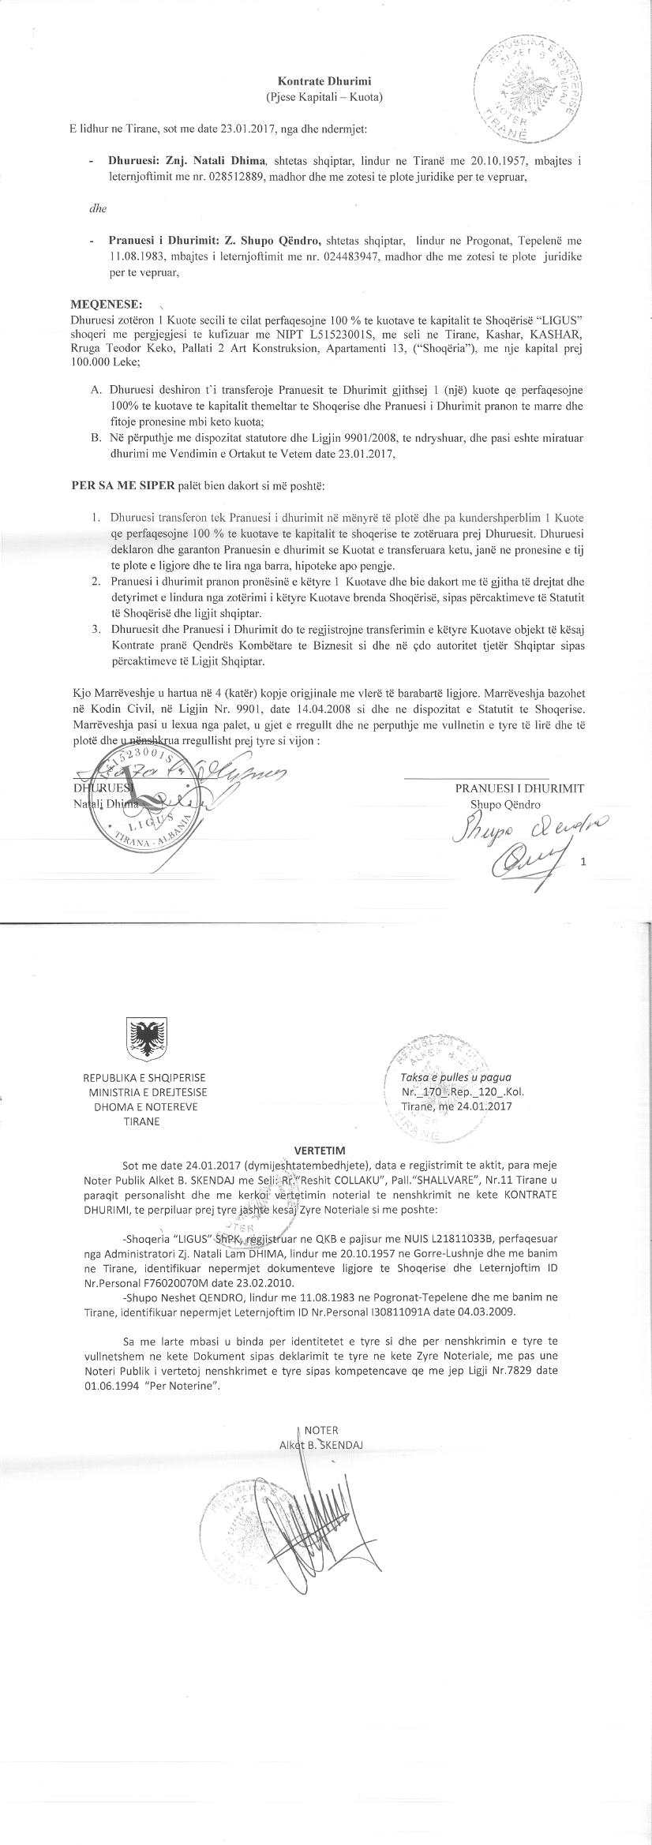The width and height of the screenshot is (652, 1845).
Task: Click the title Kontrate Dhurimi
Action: [x=324, y=81]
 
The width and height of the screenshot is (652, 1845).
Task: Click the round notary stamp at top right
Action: [x=523, y=92]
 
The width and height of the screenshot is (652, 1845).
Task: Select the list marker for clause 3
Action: [x=96, y=629]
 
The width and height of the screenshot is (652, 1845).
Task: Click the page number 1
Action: [x=583, y=863]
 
